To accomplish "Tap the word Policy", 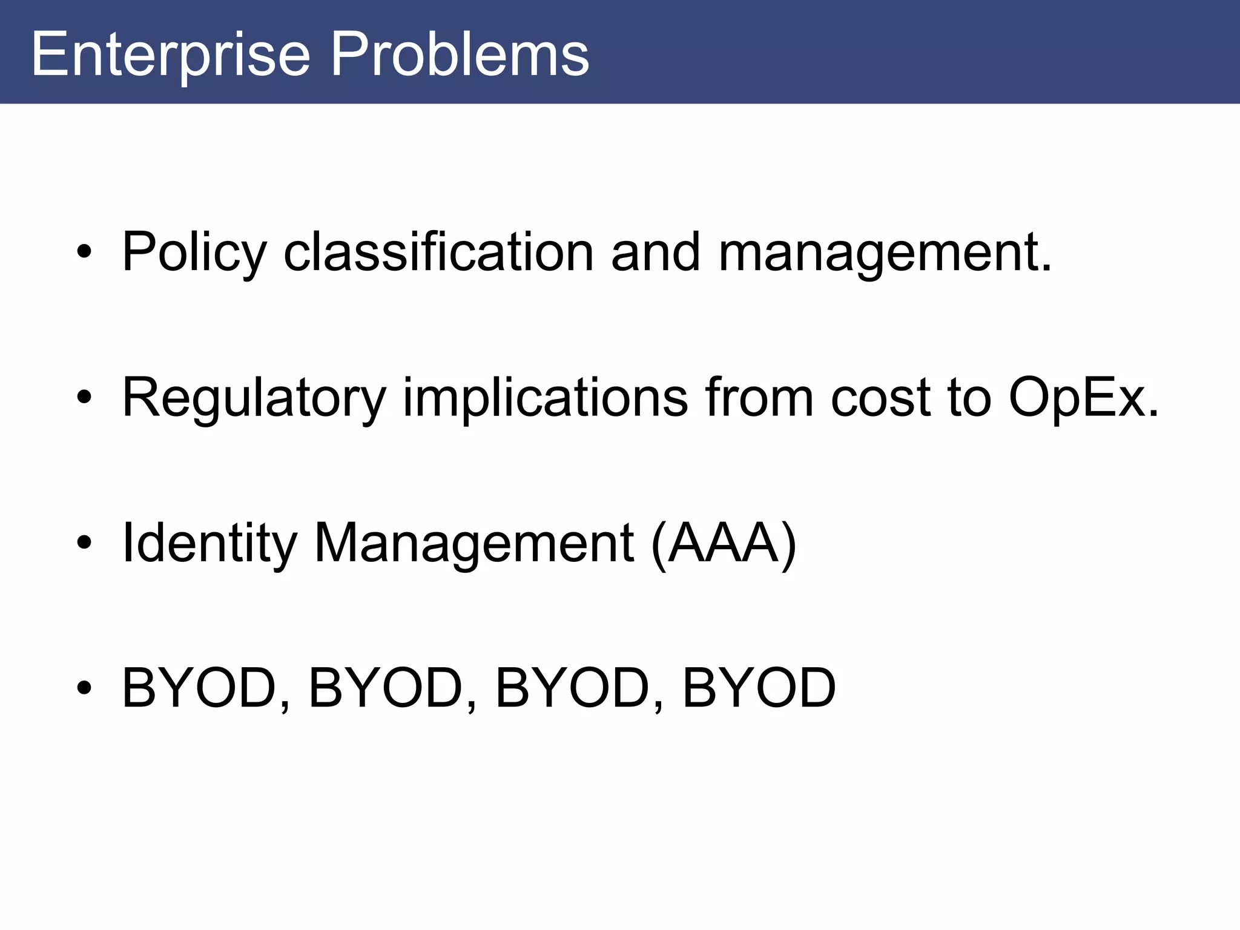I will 194,253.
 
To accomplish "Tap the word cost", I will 881,398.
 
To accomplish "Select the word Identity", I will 209,544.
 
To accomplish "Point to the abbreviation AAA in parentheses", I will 723,543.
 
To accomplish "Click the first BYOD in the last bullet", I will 199,688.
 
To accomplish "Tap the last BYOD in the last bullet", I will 759,688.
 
